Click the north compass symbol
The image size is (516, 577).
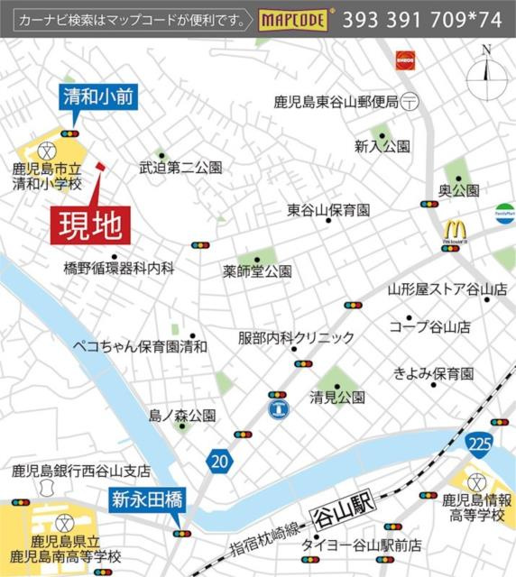click(x=486, y=69)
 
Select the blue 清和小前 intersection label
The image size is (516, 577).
click(x=99, y=97)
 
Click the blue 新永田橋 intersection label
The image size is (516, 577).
click(x=148, y=498)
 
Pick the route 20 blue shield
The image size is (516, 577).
click(x=217, y=461)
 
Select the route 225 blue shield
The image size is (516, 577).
click(x=480, y=444)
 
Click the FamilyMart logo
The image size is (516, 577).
click(x=504, y=215)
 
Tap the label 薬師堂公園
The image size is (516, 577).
click(x=258, y=270)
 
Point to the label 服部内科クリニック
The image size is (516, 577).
click(x=297, y=338)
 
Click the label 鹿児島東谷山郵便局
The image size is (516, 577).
click(x=336, y=103)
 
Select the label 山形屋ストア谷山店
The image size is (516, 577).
click(x=447, y=289)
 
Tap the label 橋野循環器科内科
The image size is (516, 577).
click(x=118, y=268)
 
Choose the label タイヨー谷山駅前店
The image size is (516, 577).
click(x=361, y=545)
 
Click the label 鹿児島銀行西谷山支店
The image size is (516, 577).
click(x=80, y=471)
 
